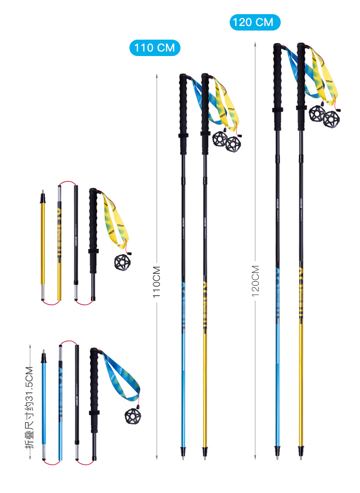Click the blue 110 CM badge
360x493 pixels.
click(x=155, y=47)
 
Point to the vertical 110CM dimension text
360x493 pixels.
click(x=156, y=282)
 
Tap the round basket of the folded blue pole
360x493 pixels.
click(x=132, y=415)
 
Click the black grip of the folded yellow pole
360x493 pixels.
click(x=93, y=219)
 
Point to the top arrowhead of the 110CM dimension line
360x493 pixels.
click(x=157, y=75)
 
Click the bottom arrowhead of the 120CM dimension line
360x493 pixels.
click(x=255, y=456)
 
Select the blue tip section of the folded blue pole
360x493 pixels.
click(x=44, y=401)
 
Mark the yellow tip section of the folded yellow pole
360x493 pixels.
click(x=43, y=246)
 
